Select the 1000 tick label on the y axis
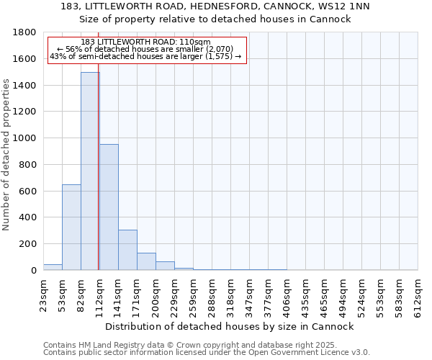coord(25,138)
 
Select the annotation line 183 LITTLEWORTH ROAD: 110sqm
coord(146,42)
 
